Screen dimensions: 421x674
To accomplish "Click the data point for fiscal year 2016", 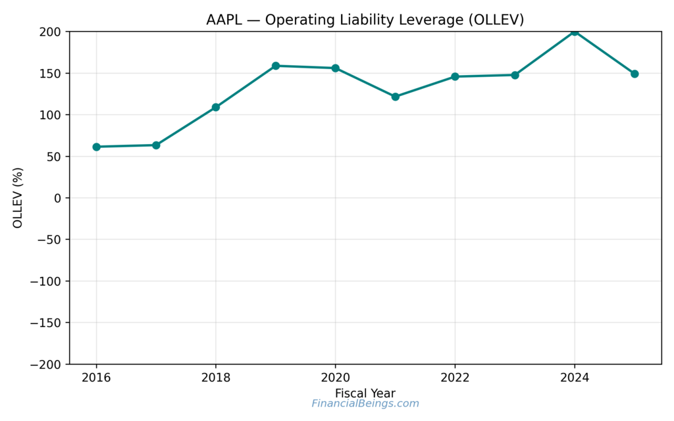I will tap(96, 147).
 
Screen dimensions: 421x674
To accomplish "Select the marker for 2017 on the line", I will tap(156, 145).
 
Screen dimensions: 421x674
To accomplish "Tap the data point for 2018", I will tap(216, 107).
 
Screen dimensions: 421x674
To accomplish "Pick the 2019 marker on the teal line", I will tap(276, 66).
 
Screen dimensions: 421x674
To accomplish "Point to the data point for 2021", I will tap(396, 97).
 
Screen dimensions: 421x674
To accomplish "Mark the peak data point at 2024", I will tap(575, 32).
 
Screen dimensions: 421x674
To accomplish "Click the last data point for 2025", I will tap(635, 74).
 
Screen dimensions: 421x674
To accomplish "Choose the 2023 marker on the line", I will tap(515, 75).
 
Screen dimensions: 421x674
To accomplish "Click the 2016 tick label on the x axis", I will tap(96, 378).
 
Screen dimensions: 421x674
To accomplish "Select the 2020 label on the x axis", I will tap(335, 378).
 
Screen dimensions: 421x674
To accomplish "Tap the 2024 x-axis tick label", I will tap(575, 378).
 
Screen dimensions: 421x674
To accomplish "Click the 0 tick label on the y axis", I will tap(58, 198).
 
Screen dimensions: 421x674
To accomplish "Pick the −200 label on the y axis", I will tap(46, 364).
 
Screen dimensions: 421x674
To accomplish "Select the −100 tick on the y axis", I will tap(46, 282).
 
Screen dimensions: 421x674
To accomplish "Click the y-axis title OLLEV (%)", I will tap(18, 197).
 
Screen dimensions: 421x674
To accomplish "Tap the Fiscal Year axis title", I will tap(365, 393).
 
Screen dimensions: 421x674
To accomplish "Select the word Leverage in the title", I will tap(429, 20).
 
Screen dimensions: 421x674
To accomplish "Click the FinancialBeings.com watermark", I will tap(365, 404).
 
